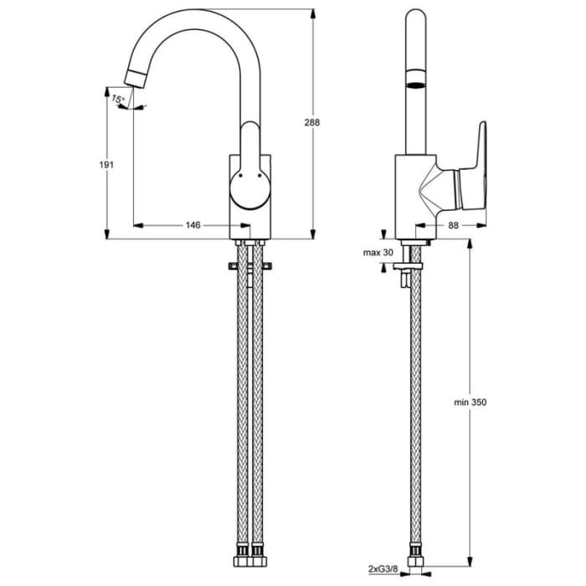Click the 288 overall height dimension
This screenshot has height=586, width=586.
click(x=312, y=122)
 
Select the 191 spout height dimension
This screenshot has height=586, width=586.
click(x=106, y=165)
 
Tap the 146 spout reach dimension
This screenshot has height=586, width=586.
click(x=193, y=225)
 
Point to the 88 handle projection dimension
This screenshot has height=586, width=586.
click(x=453, y=225)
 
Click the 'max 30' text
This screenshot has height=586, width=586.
click(x=378, y=253)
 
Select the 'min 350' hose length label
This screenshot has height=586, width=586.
click(x=470, y=402)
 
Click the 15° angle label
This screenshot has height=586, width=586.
click(x=119, y=100)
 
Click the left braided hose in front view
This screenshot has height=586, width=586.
click(x=244, y=402)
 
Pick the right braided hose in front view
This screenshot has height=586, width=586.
click(x=259, y=402)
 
